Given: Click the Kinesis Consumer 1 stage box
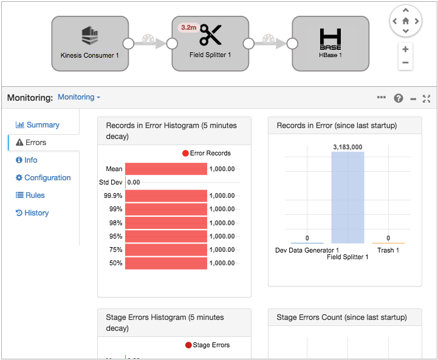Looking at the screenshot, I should [90, 43].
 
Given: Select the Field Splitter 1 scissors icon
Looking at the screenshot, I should [211, 35].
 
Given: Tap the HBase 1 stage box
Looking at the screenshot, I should [330, 43].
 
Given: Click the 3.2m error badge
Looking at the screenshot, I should [188, 28].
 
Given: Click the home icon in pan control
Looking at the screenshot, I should [405, 21].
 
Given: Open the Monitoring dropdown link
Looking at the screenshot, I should [79, 97].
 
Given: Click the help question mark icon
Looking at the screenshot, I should [399, 98].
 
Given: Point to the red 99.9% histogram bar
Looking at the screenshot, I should [166, 196].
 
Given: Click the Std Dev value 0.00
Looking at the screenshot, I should [134, 182].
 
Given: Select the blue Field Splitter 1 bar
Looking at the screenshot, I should [347, 197].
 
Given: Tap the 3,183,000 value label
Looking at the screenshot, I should [347, 147].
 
